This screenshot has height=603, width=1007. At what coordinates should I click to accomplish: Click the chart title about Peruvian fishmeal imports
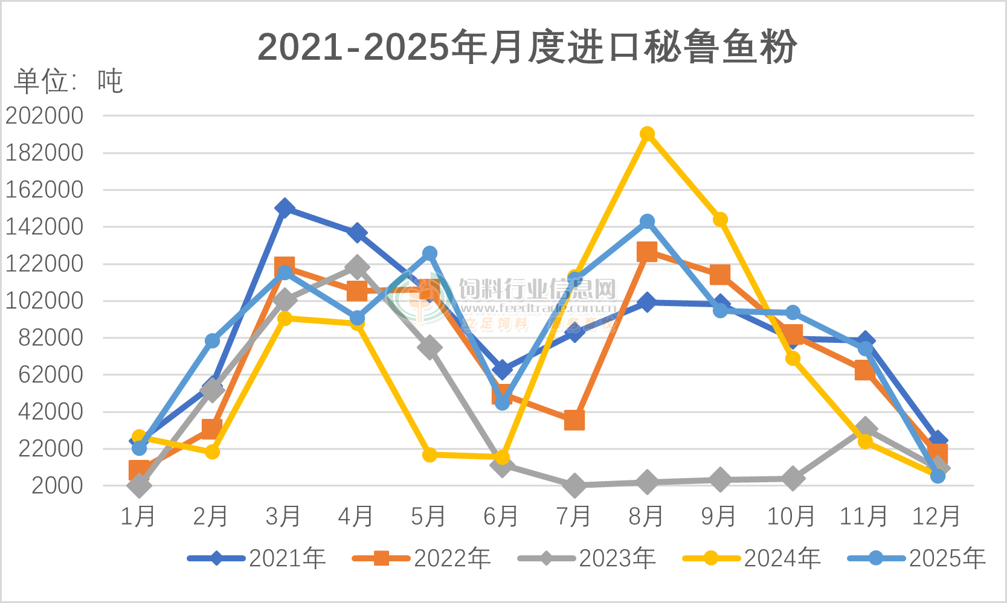(x=527, y=46)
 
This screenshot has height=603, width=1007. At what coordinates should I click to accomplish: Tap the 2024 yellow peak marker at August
(x=647, y=134)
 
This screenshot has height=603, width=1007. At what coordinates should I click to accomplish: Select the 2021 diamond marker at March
(x=285, y=209)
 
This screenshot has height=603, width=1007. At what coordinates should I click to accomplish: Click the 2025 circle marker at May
(x=430, y=254)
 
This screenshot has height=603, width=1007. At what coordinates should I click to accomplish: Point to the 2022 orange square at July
(x=574, y=420)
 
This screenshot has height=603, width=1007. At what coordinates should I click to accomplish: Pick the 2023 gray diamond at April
(x=357, y=267)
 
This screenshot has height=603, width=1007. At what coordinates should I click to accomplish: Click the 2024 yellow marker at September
(x=719, y=220)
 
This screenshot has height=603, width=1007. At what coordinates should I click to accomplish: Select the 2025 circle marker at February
(x=212, y=341)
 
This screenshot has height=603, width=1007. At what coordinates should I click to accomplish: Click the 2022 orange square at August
(x=647, y=252)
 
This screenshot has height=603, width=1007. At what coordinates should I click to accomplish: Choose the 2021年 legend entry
(x=257, y=558)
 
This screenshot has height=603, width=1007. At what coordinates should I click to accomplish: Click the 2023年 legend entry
(x=587, y=558)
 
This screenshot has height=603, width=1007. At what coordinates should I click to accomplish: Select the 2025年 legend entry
(x=917, y=558)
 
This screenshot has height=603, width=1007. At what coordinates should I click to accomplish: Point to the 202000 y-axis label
(x=45, y=116)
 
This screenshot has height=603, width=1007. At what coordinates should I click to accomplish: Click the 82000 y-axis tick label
(x=51, y=338)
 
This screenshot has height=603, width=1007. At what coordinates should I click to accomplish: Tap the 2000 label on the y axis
(x=57, y=486)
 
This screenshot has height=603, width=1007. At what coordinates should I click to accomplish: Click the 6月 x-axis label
(x=501, y=517)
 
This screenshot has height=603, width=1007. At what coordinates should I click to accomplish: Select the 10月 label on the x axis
(x=791, y=517)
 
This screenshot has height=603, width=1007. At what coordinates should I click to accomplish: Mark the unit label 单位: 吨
(x=68, y=81)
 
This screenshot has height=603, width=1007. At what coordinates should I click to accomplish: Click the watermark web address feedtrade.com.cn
(x=538, y=308)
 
